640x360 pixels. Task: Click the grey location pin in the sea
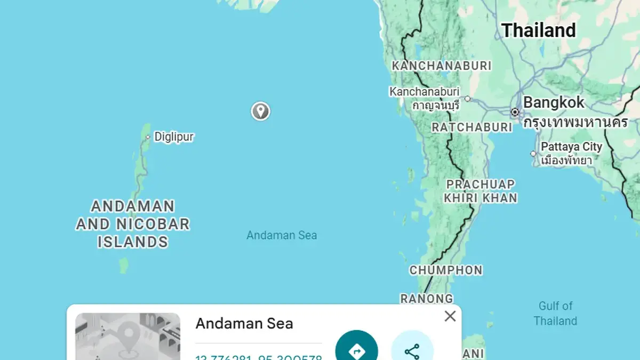point(260,111)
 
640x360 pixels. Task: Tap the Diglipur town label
point(173,137)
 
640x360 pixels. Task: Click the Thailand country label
point(539,30)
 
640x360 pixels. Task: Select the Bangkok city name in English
point(554,102)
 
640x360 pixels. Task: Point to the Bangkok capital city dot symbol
point(515,112)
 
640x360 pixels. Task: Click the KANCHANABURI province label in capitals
point(441,66)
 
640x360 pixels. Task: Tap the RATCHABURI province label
point(471,127)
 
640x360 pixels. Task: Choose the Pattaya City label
point(571,147)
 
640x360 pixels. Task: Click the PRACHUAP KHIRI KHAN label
point(481,191)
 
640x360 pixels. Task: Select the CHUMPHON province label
point(446,270)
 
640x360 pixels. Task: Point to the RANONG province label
point(427,299)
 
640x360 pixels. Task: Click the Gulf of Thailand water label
point(555,313)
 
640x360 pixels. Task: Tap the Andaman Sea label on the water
point(282,235)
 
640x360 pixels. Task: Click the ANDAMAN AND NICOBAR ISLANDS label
point(132,224)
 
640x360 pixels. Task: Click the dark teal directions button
point(356,349)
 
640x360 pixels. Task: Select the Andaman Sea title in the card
point(244,323)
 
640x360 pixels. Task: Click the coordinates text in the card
point(259,356)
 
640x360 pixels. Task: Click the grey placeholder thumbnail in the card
point(127,337)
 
